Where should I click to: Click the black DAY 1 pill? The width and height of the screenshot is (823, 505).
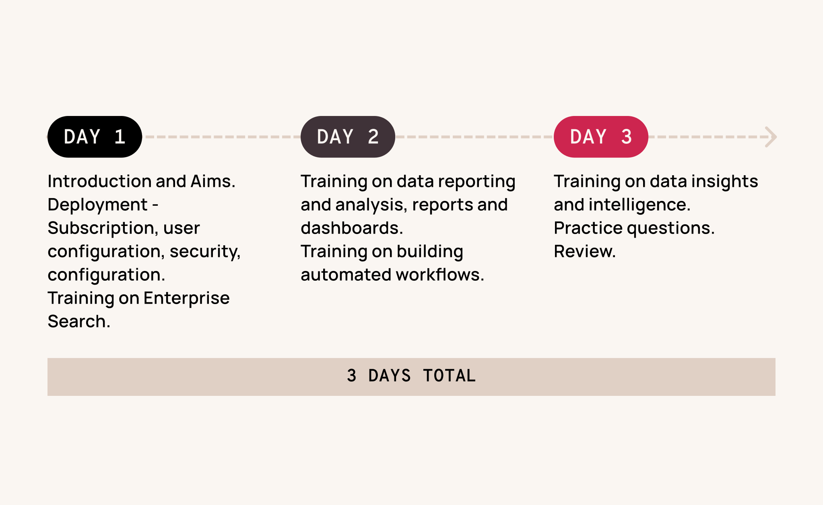click(x=95, y=137)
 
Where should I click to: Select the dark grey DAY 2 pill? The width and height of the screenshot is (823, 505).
click(x=348, y=137)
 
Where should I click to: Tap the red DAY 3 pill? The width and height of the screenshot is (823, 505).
click(x=601, y=137)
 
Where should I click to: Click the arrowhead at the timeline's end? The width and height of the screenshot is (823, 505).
click(x=771, y=137)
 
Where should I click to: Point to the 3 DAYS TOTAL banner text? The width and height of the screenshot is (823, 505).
click(x=411, y=376)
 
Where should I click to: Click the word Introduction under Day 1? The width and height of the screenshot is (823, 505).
click(x=100, y=181)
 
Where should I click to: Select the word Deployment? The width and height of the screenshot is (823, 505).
click(x=98, y=205)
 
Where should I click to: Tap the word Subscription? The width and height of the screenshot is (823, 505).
click(x=103, y=228)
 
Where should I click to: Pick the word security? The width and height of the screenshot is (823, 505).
click(x=205, y=252)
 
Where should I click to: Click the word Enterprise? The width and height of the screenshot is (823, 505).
click(x=186, y=298)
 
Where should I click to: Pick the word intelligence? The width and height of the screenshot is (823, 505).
click(x=639, y=205)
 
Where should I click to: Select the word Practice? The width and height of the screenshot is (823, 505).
click(x=588, y=228)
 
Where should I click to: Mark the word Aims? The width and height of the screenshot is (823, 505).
click(x=213, y=181)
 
